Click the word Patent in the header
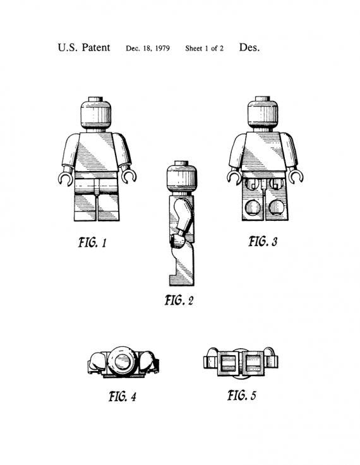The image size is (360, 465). pos(95,47)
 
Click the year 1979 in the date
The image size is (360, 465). pos(162,49)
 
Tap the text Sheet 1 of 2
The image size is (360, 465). pos(204,49)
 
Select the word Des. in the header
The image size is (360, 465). pos(249,47)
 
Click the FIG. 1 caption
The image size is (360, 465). pos(92,242)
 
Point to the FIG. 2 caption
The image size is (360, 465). pos(179,300)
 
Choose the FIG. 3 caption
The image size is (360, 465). pos(263,241)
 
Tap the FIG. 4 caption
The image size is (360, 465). pos(123,396)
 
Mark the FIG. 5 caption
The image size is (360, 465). pos(242,396)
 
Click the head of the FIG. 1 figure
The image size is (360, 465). pos(95,114)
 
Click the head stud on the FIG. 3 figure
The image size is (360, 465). pos(263,98)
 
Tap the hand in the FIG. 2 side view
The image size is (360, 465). pos(177,241)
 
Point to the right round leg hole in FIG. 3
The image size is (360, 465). pos(276,208)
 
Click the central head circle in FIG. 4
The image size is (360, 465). pos(123,362)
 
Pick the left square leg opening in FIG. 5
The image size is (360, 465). pos(228,363)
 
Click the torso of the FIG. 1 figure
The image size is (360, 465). pos(95,152)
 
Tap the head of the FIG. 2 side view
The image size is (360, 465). pos(181,177)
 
